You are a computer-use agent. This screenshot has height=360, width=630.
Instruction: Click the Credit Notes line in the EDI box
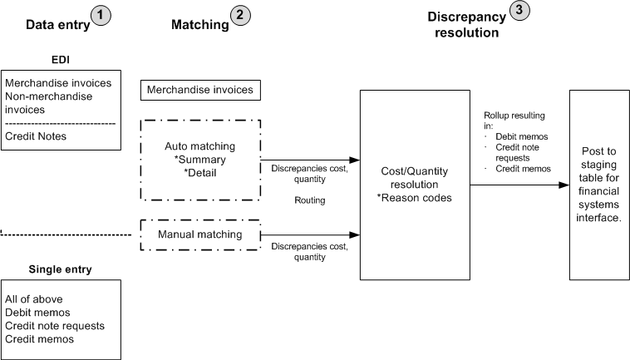click(x=36, y=136)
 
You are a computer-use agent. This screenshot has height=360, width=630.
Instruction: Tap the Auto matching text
click(x=200, y=146)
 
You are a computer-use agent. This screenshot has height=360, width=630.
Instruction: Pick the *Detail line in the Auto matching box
click(x=200, y=171)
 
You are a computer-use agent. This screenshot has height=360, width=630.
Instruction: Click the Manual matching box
click(x=200, y=234)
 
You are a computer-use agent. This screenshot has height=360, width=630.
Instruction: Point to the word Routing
click(x=309, y=201)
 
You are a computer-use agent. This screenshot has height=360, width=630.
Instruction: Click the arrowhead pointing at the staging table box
click(x=564, y=185)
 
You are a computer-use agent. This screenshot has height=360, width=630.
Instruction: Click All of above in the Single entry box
click(x=34, y=299)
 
